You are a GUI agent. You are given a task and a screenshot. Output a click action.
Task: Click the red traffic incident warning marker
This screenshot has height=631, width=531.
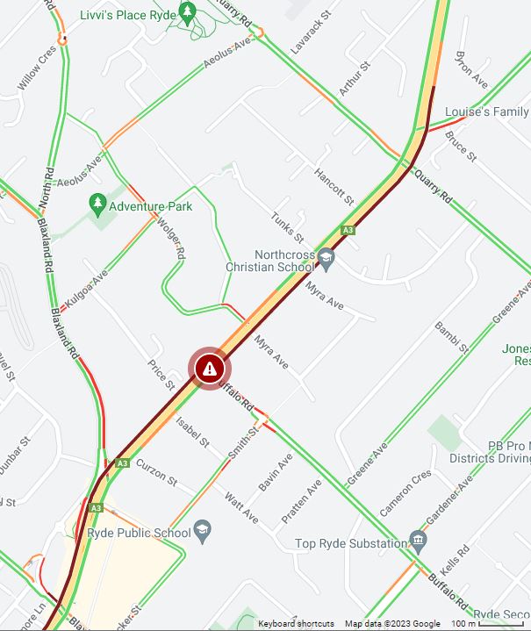pyautogui.click(x=209, y=369)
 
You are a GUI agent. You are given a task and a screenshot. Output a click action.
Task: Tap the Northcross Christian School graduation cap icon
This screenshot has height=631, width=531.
pyautogui.click(x=326, y=257)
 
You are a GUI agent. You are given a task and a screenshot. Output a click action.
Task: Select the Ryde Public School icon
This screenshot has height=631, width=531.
pyautogui.click(x=203, y=531)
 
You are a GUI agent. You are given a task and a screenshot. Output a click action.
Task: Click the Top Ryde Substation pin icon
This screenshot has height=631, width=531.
pyautogui.click(x=418, y=538)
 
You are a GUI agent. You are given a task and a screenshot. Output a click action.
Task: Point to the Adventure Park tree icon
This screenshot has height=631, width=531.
pyautogui.click(x=97, y=205)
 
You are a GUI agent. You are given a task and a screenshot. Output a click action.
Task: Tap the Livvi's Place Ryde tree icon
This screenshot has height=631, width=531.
pyautogui.click(x=187, y=12)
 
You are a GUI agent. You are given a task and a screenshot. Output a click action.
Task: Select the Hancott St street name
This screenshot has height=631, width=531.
pyautogui.click(x=334, y=186)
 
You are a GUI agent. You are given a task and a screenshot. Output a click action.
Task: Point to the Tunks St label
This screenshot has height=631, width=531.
pyautogui.click(x=287, y=227)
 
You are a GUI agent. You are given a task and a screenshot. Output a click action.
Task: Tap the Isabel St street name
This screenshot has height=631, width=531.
pyautogui.click(x=192, y=431)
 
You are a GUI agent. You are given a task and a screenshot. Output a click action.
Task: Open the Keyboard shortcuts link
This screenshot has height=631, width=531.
pyautogui.click(x=296, y=624)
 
